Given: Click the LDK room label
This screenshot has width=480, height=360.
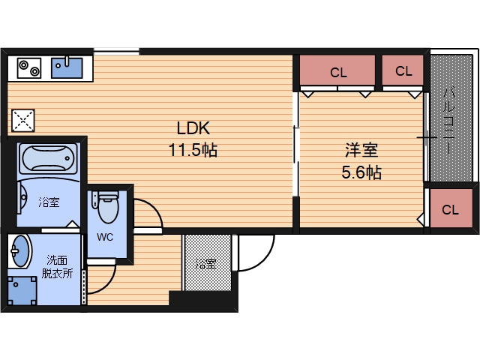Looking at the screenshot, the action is click(193, 128).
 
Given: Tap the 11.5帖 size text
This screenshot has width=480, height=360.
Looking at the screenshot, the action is click(193, 150).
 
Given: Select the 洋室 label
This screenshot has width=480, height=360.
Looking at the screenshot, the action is click(361, 150).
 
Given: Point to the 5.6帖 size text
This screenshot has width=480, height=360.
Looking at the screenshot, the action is click(361, 172).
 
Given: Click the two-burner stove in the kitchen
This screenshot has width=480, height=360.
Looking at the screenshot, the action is click(29, 68).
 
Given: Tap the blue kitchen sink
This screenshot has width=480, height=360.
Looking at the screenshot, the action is click(67, 67).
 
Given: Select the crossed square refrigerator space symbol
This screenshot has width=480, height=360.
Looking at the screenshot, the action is click(23, 121).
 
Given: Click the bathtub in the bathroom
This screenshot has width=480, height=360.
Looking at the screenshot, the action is click(48, 158).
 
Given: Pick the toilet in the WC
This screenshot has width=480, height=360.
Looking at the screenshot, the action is click(105, 207).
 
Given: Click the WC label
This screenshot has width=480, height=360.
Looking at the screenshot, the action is click(105, 237).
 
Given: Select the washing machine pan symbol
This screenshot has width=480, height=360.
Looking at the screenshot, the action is click(22, 291).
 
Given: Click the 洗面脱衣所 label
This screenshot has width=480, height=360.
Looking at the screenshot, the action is click(57, 267).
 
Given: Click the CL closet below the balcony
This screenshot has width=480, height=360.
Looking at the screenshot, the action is click(451, 208).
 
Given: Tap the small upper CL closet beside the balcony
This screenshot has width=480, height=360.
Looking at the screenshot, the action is click(403, 70).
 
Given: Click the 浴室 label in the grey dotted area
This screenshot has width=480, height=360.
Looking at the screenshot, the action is click(206, 263).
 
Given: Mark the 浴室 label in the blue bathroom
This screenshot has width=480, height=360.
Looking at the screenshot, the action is click(49, 202).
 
